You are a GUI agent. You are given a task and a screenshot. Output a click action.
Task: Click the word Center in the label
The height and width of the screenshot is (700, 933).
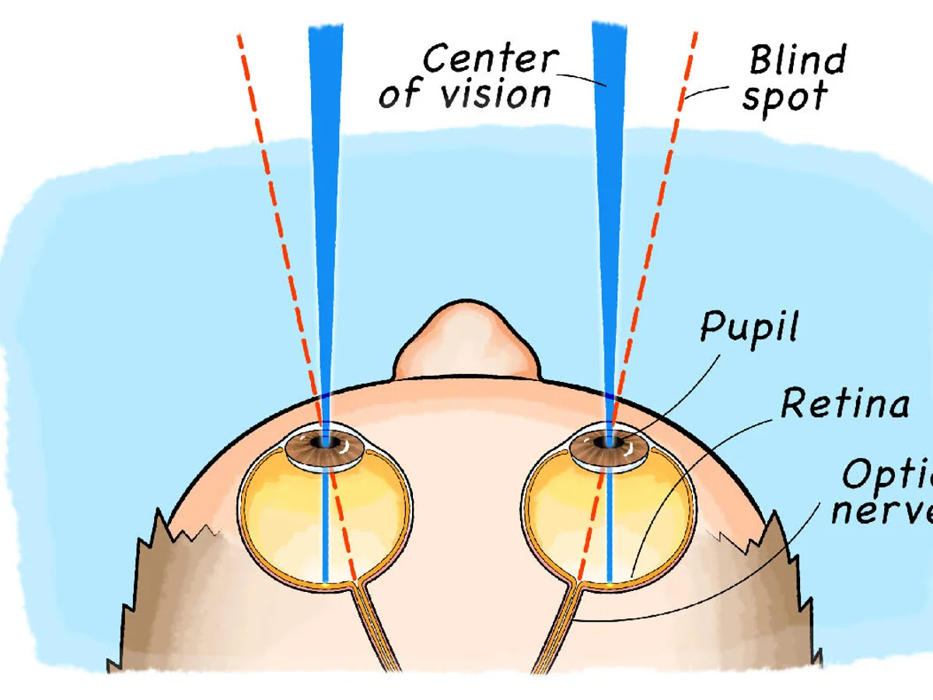pyautogui.click(x=490, y=58)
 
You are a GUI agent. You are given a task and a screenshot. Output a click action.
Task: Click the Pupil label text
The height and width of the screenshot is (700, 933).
pyautogui.click(x=749, y=327)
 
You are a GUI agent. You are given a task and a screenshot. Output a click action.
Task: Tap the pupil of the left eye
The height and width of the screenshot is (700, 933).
pyautogui.click(x=321, y=443)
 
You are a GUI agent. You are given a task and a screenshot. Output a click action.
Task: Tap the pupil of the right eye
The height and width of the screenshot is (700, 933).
pyautogui.click(x=606, y=443)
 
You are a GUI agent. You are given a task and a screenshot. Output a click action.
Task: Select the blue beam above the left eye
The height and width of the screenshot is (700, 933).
pyautogui.click(x=326, y=194)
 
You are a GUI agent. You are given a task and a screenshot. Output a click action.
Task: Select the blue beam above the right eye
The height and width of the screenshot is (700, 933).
pyautogui.click(x=608, y=194)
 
